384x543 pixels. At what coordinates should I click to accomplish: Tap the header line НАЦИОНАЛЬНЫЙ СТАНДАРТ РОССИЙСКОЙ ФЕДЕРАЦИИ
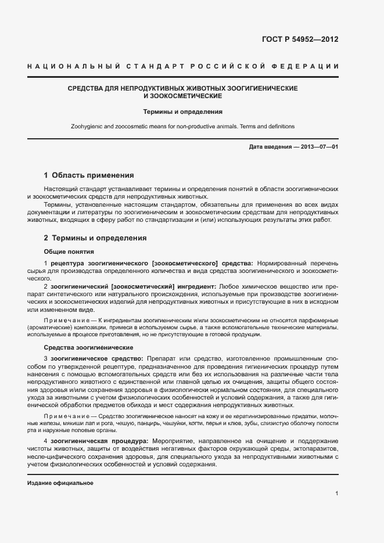click(183, 67)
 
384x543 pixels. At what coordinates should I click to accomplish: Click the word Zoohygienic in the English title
click(87, 126)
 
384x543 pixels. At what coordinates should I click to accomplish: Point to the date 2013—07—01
click(319, 147)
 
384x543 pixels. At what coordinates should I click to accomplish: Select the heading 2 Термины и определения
click(95, 238)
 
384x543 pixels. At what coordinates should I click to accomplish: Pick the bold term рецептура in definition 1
click(68, 264)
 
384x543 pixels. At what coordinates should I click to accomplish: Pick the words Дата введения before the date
click(270, 147)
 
